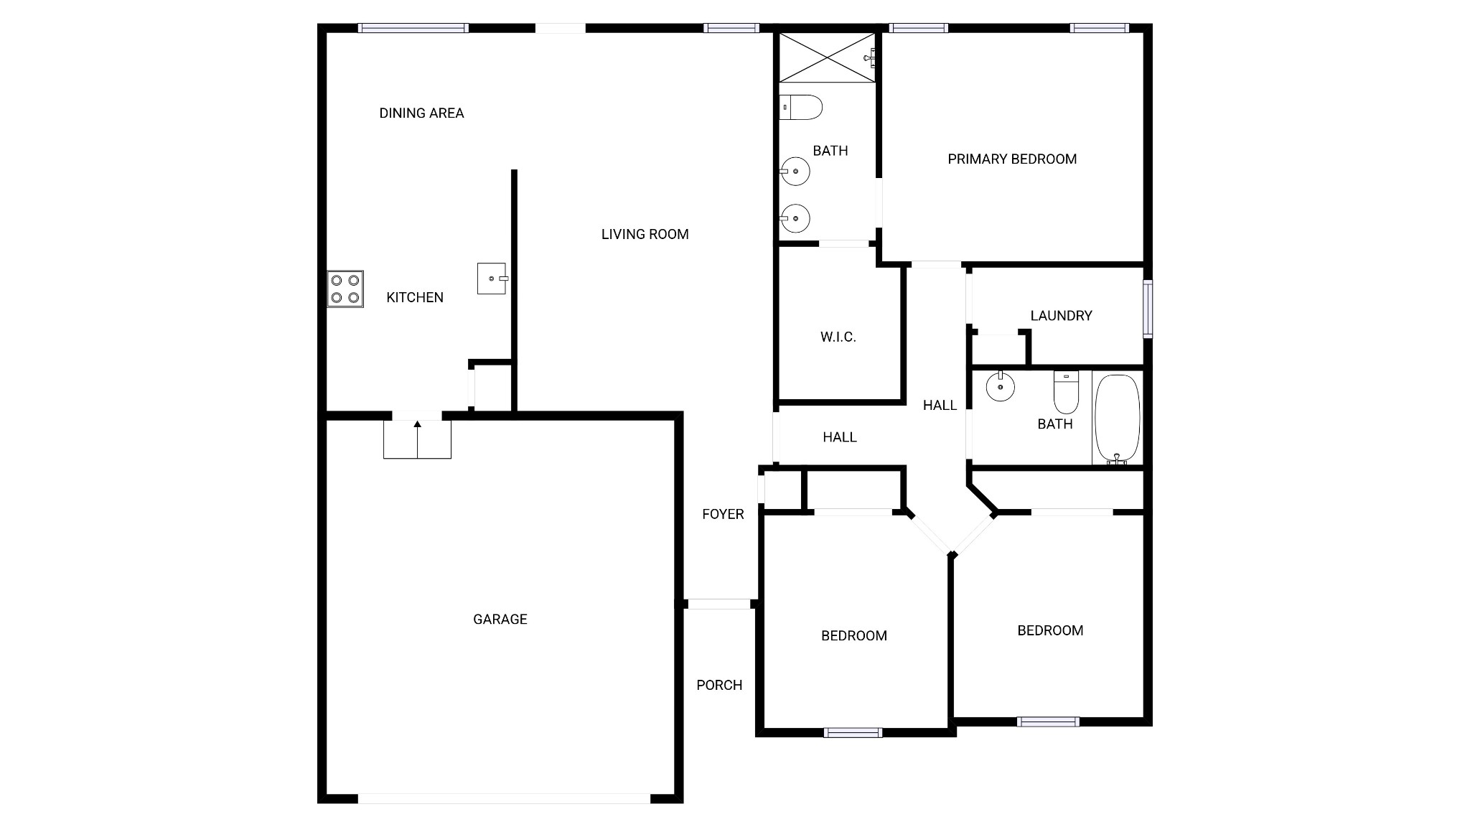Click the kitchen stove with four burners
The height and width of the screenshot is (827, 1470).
[x=345, y=289]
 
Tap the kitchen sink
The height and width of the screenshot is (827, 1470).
[x=492, y=279]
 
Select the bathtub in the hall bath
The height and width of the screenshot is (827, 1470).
[x=1117, y=419]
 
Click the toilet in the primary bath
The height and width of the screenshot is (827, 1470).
[x=800, y=108]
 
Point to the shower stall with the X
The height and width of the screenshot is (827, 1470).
[x=828, y=57]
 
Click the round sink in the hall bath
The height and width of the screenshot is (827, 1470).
[x=1000, y=387]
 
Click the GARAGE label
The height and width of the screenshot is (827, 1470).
[x=500, y=619]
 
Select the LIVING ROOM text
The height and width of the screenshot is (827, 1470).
[x=645, y=234]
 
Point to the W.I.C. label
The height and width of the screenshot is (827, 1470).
[x=838, y=337]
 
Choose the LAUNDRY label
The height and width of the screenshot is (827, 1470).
[x=1061, y=315]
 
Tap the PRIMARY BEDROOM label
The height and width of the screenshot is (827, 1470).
[x=1012, y=159]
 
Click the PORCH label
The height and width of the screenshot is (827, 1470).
[x=719, y=685]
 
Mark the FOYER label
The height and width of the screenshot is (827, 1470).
[x=723, y=514]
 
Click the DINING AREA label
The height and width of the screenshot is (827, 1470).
[x=421, y=113]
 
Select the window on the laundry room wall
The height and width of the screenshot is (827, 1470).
[x=1148, y=309]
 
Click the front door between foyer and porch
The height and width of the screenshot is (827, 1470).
[x=718, y=604]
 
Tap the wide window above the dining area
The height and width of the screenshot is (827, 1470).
[x=413, y=28]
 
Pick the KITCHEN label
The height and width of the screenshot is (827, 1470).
[x=415, y=297]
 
